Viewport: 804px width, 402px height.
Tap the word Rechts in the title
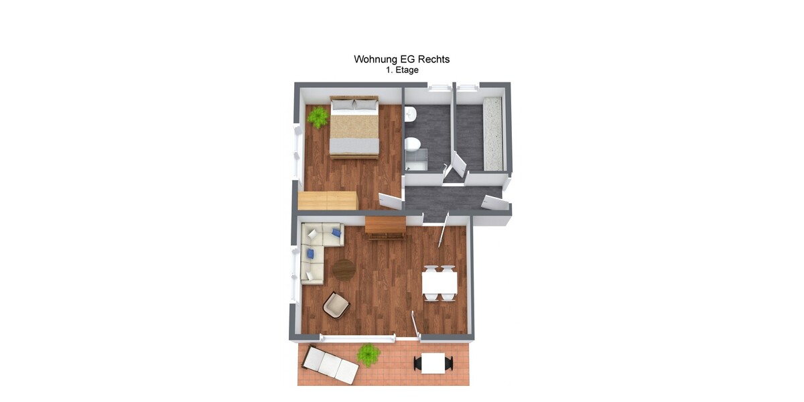[x=434, y=59]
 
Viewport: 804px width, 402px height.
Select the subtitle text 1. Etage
[x=401, y=70]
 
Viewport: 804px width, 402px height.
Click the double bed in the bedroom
[x=354, y=127]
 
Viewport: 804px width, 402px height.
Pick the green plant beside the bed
[x=318, y=118]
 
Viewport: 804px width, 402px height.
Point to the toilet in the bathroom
[x=413, y=143]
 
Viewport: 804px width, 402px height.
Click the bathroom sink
[x=411, y=115]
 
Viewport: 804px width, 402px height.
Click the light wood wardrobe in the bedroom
[x=328, y=200]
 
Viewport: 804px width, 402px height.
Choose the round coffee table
[x=344, y=269]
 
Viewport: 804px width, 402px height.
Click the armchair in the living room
[x=336, y=305]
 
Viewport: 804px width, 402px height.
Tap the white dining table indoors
[x=440, y=282]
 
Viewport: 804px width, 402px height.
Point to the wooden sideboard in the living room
[x=385, y=226]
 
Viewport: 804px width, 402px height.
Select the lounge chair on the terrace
[x=330, y=364]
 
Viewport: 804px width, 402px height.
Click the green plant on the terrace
[x=368, y=354]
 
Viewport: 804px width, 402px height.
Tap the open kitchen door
[x=460, y=165]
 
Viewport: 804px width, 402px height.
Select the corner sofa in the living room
[x=315, y=249]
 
